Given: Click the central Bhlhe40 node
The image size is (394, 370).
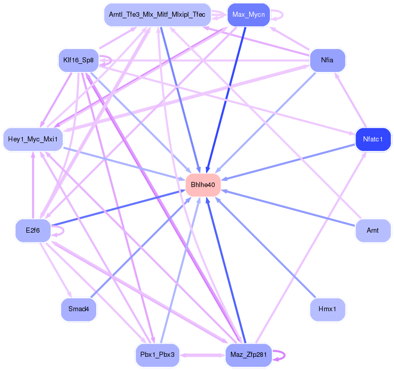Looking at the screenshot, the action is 203,185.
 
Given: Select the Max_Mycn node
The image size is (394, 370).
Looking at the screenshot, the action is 248,14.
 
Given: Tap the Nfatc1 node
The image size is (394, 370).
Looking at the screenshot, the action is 376,138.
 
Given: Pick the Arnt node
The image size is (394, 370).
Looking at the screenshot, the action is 373,231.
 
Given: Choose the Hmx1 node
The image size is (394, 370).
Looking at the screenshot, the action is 327,308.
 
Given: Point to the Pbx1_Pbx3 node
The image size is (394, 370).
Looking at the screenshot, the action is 157,354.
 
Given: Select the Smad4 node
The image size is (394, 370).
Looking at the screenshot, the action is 78,308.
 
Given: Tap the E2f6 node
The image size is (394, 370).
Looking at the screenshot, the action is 33,231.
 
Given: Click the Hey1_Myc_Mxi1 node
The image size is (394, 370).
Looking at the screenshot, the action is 33,138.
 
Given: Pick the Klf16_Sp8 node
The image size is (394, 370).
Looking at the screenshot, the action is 78,60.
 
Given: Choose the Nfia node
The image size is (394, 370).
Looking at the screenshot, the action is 327,60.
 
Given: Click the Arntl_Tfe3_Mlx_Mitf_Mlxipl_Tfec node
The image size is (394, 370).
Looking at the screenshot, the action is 157,15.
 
